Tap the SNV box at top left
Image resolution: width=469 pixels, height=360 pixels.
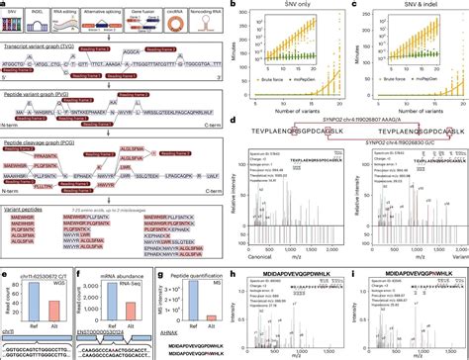click(16, 17)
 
